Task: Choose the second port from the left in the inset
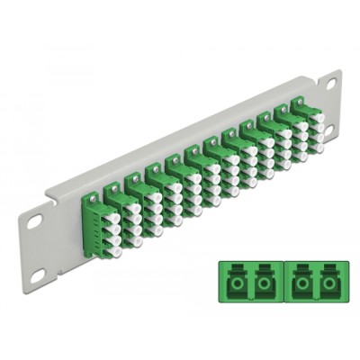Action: (x=262, y=281)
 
